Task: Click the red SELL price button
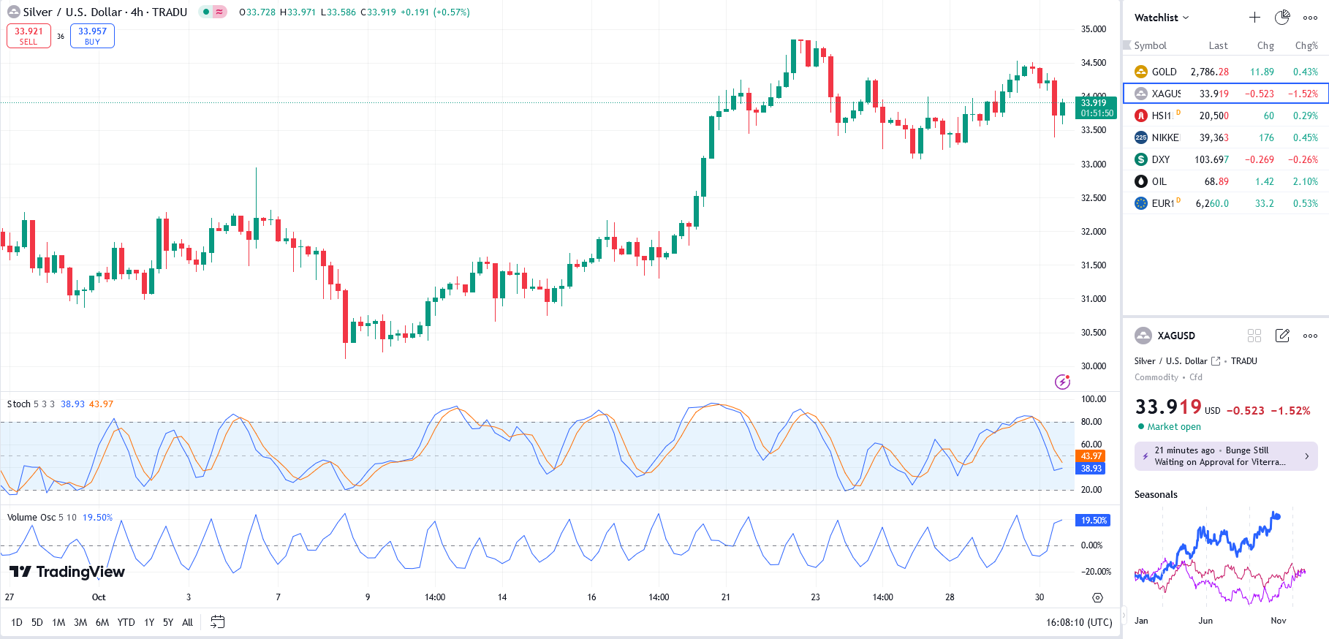tap(29, 36)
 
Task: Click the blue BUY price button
tap(92, 36)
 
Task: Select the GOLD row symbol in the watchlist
tap(1164, 72)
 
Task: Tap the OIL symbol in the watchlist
tap(1159, 181)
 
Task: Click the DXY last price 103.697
tap(1211, 159)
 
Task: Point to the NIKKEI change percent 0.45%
tap(1305, 137)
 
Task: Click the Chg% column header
tap(1306, 45)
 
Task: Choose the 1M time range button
tap(58, 622)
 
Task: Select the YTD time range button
tap(126, 622)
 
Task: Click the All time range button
tap(187, 622)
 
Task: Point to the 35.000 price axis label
tap(1094, 29)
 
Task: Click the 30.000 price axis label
tap(1094, 366)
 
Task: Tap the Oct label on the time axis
tap(99, 597)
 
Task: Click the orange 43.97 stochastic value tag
tap(1091, 456)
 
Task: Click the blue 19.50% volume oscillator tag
tap(1093, 521)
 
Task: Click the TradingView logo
tap(67, 572)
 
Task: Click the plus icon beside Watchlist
tap(1254, 18)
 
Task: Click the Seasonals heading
tap(1156, 495)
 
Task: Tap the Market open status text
tap(1173, 427)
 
